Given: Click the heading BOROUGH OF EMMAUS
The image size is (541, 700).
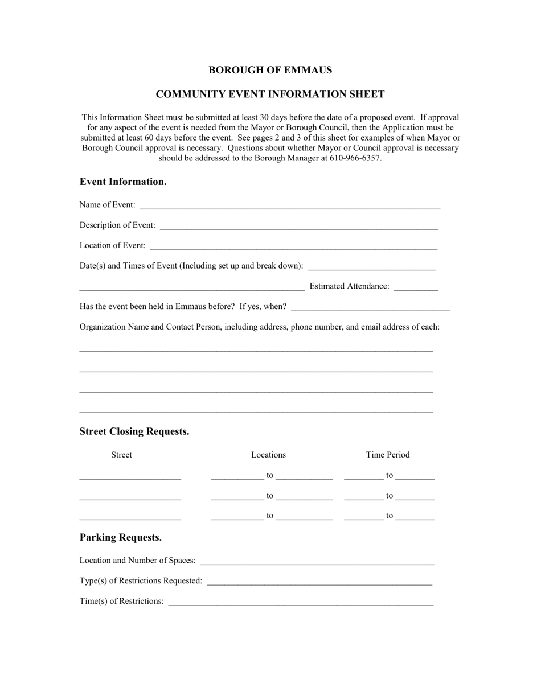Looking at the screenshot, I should [x=270, y=70].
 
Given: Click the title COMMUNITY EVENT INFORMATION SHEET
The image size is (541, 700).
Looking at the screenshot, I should [x=270, y=94].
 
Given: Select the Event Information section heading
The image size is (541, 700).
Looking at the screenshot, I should [x=123, y=182].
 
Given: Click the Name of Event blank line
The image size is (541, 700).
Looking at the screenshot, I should [x=289, y=206].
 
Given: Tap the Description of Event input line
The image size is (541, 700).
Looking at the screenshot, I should [x=299, y=227].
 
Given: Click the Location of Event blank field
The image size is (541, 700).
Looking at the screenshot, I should [x=294, y=247].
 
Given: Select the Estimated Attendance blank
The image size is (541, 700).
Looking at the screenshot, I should [x=416, y=287].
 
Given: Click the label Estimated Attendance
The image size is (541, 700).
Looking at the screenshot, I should [x=349, y=286].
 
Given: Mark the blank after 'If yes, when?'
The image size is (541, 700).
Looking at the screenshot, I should [x=370, y=308].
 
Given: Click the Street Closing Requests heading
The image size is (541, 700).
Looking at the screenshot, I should [x=134, y=431].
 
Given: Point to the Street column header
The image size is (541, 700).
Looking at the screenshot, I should [x=121, y=455].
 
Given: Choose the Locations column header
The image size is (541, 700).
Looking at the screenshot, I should [x=268, y=455].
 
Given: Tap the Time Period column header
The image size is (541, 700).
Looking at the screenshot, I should [x=387, y=455].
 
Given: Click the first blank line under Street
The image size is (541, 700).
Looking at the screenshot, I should [x=130, y=477].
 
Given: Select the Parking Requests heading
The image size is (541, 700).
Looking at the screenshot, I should [x=121, y=537].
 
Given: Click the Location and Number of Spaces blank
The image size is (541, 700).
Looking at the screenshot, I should [x=317, y=562].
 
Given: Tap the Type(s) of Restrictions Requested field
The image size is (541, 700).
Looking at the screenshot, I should [x=319, y=582].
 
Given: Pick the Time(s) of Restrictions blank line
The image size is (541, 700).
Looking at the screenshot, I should [x=301, y=603].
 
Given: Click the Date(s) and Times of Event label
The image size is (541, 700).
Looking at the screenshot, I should [x=191, y=266].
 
